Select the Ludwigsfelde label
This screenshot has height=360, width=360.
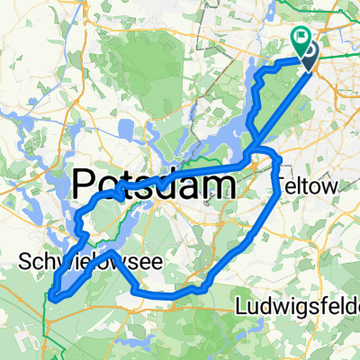pyautogui.click(x=296, y=308)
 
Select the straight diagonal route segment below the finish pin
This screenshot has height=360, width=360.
pyautogui.click(x=283, y=103)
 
